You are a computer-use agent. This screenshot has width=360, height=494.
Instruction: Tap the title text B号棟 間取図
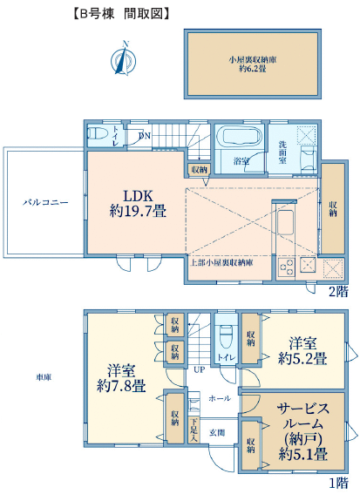(121, 14)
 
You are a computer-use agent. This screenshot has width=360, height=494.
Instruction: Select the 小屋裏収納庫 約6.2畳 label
(253, 64)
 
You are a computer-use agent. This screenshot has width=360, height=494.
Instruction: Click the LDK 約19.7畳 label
(138, 204)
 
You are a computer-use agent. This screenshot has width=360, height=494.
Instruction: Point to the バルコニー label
(45, 202)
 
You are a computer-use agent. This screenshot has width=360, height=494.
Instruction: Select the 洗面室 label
(282, 152)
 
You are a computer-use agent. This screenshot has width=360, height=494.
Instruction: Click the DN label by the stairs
(145, 136)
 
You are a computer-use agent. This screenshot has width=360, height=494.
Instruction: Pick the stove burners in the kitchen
(286, 268)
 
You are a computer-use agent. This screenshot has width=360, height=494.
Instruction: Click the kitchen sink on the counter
(286, 222)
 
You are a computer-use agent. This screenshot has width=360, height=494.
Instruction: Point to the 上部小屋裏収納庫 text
(221, 262)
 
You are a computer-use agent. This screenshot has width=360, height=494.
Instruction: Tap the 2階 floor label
(338, 292)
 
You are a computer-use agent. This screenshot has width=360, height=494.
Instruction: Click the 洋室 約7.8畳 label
(121, 378)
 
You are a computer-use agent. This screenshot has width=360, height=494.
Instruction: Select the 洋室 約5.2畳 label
(302, 350)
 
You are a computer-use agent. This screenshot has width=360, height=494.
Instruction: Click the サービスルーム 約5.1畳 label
(303, 431)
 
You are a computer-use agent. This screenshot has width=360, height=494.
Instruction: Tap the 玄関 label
(217, 433)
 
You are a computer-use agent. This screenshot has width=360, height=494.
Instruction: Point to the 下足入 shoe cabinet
(194, 430)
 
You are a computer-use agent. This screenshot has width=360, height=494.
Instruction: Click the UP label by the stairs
(200, 369)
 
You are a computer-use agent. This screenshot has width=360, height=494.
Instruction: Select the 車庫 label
(44, 376)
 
